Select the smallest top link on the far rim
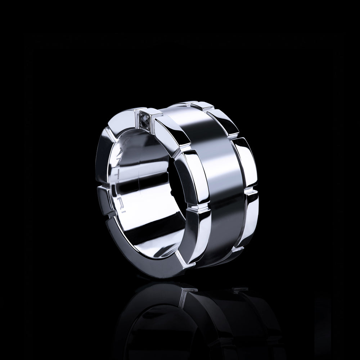(x=202, y=105)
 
